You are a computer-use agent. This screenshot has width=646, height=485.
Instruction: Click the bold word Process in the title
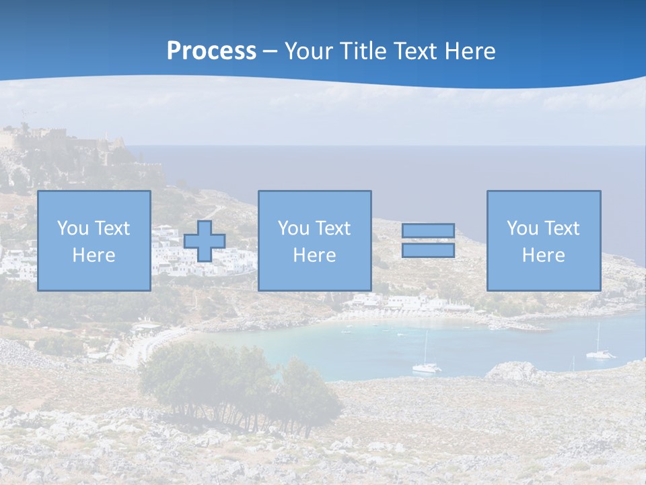click(x=211, y=51)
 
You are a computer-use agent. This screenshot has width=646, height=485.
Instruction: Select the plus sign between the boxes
click(x=205, y=241)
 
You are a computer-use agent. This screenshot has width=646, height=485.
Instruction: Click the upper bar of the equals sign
click(x=428, y=230)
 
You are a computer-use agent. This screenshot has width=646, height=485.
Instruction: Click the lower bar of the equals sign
click(x=428, y=250)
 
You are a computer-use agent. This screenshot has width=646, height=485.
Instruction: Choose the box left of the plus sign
click(x=94, y=240)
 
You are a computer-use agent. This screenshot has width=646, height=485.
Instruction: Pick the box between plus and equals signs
click(x=314, y=240)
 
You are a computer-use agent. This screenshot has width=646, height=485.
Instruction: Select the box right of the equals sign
click(x=543, y=240)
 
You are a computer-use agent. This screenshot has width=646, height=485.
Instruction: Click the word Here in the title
click(x=470, y=51)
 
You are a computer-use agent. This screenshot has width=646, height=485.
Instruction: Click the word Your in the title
click(x=308, y=51)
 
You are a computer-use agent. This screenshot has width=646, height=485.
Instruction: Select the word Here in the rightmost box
click(x=543, y=255)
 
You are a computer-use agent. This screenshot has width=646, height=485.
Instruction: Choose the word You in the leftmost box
click(x=72, y=228)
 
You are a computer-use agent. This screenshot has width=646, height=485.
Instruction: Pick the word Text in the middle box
click(x=332, y=228)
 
